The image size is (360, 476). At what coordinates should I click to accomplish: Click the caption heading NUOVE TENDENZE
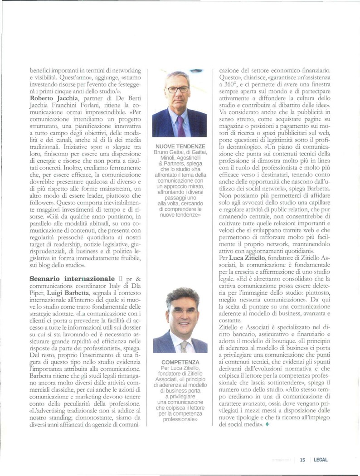[180, 146]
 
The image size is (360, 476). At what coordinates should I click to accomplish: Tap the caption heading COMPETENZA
[180, 363]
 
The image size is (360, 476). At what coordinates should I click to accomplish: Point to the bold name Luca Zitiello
[248, 257]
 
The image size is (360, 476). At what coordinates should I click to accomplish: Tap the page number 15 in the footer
[302, 459]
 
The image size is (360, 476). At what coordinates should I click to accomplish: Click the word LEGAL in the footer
[320, 459]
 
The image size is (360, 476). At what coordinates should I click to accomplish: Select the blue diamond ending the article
[267, 424]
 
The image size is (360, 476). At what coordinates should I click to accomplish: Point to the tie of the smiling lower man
[184, 346]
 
